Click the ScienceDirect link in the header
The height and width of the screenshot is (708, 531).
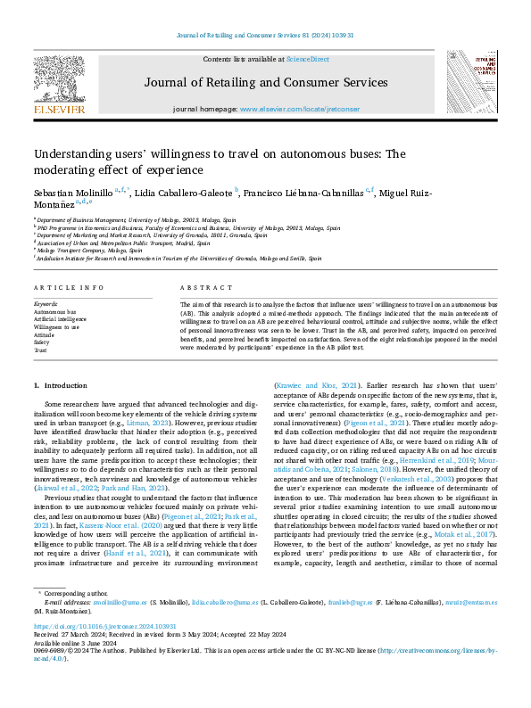tap(307, 59)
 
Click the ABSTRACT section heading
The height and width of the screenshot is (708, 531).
tap(200, 288)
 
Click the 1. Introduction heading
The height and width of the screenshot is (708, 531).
tap(61, 385)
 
